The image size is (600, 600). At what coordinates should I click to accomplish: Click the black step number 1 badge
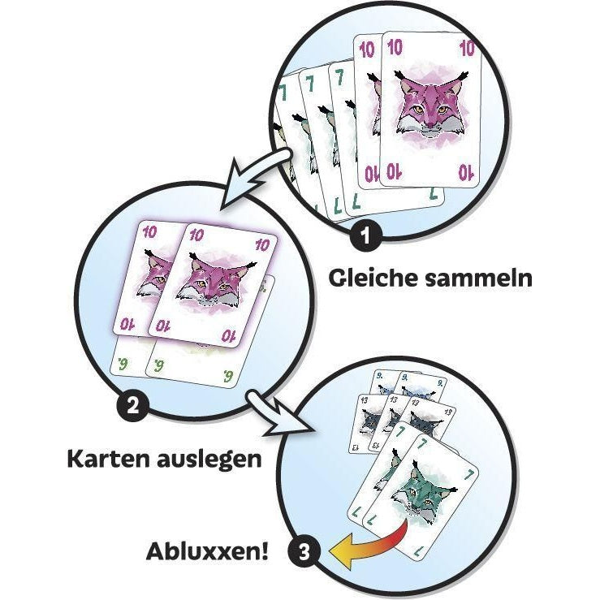tap(366, 235)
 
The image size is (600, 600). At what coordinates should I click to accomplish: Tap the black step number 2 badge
tap(133, 405)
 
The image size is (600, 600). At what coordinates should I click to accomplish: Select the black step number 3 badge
tap(304, 552)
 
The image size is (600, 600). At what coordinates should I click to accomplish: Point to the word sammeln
tap(478, 278)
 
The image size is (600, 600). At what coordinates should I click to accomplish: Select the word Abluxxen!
tap(207, 551)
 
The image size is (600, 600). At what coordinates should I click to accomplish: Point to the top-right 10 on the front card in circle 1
tap(467, 48)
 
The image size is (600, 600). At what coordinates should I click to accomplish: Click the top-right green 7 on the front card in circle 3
tap(468, 474)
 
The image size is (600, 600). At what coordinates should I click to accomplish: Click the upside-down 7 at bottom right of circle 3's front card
tap(420, 552)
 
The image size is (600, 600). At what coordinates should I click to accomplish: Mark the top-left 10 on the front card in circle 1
tap(395, 46)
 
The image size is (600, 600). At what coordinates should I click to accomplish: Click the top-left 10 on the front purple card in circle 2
tap(196, 234)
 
